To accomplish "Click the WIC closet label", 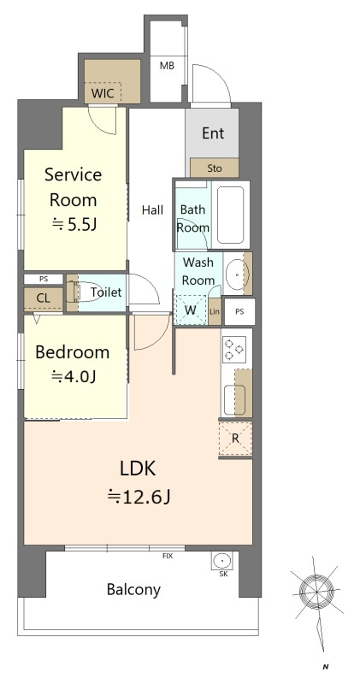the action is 103,93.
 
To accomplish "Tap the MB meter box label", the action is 167,66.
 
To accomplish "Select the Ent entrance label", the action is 213,133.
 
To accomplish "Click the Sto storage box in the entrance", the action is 215,168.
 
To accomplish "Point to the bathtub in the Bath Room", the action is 230,215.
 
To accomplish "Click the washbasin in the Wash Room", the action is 237,274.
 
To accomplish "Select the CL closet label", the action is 43,298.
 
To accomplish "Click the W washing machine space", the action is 190,310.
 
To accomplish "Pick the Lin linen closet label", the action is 215,311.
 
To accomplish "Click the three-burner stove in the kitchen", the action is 233,350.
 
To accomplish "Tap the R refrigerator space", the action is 235,439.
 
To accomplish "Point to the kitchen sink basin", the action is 230,400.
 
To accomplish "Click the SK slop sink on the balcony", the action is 222,560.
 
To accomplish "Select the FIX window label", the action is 168,557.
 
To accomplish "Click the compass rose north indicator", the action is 316,591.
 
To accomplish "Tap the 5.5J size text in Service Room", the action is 74,224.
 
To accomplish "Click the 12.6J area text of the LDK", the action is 139,496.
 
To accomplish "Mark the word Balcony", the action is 133,590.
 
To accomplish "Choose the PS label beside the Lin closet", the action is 239,311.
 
